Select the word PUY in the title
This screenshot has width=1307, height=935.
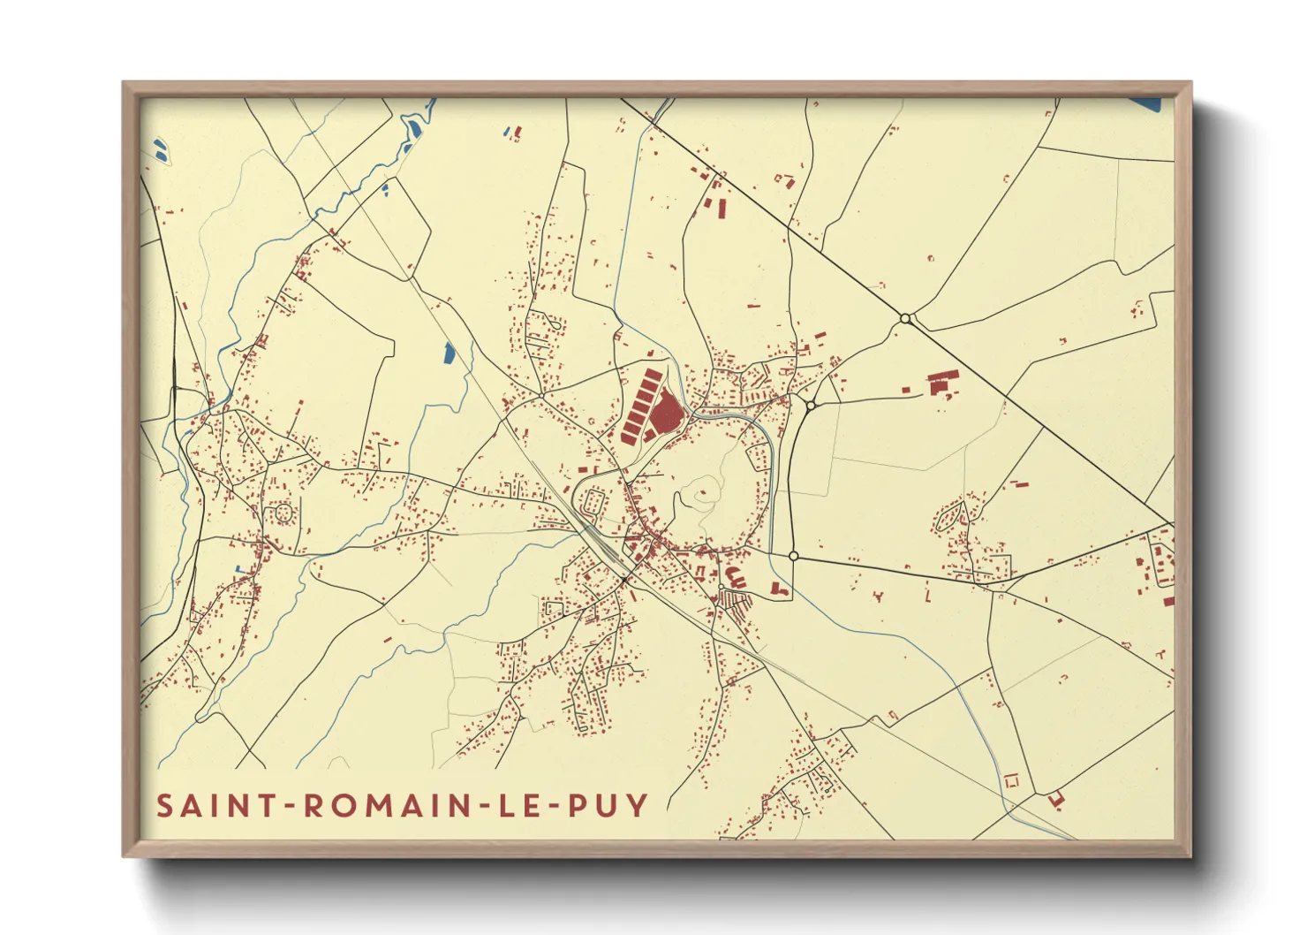[610, 806]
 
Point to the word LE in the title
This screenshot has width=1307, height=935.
[518, 806]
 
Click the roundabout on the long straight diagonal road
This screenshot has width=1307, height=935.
[905, 318]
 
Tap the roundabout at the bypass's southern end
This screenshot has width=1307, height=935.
[793, 556]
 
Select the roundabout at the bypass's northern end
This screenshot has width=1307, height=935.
[811, 406]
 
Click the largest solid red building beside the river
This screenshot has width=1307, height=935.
[668, 413]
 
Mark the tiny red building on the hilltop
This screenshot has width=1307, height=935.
[705, 497]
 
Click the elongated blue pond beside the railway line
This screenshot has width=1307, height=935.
[450, 353]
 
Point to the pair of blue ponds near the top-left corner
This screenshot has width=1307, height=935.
[160, 148]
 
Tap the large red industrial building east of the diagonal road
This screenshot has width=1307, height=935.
[939, 382]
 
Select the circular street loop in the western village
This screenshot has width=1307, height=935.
[283, 512]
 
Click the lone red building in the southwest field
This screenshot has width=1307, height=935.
[387, 639]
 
